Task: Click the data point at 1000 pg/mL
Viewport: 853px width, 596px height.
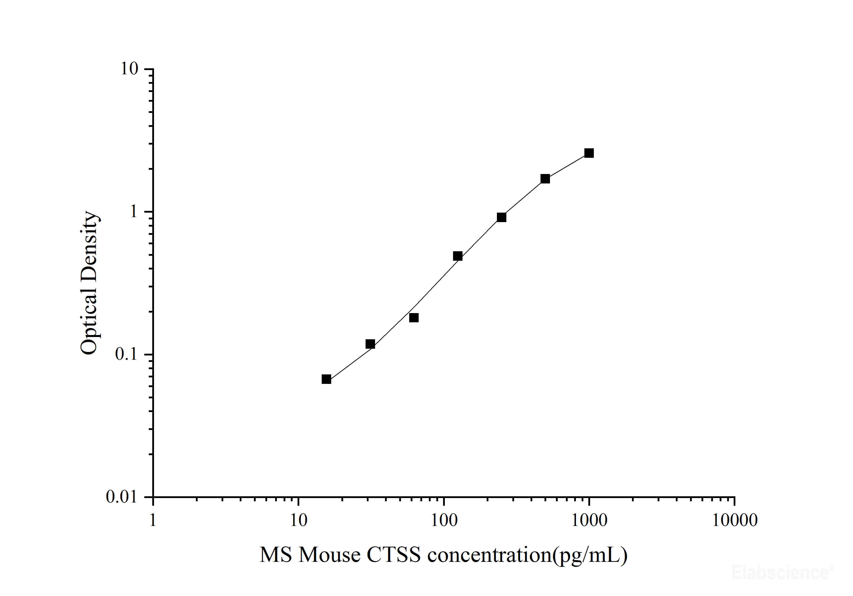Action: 589,153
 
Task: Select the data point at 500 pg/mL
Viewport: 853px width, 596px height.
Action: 545,179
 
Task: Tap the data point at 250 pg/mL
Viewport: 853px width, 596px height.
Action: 502,217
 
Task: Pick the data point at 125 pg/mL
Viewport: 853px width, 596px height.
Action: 458,256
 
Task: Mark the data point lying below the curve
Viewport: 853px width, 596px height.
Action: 414,318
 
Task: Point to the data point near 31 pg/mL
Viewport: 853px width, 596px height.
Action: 370,344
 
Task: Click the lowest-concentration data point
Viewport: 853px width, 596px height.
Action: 326,379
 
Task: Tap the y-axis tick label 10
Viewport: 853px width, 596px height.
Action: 129,69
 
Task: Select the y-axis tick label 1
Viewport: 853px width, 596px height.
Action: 133,211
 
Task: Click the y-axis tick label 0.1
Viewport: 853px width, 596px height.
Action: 126,354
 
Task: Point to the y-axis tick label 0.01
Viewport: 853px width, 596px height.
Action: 122,497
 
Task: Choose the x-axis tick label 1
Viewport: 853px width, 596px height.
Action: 153,520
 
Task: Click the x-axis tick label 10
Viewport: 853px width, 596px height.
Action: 298,520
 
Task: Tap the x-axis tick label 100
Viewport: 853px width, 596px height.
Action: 444,520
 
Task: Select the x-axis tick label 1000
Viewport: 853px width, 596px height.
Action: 589,520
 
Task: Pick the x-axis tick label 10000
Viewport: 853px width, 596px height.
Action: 734,520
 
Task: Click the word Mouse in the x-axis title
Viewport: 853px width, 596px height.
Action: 329,555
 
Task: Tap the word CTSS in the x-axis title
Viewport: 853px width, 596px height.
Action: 393,555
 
